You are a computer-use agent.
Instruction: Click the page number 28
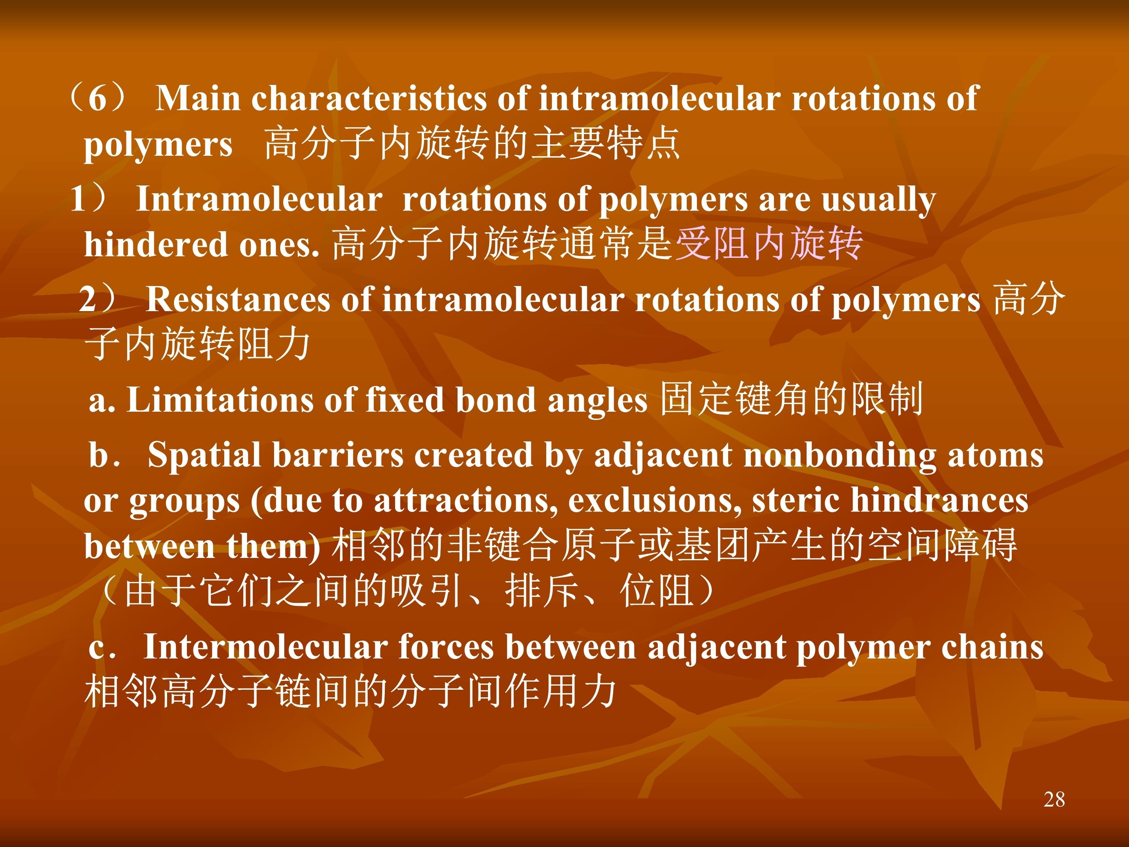point(1054,799)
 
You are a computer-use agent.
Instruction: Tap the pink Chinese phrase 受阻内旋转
point(769,243)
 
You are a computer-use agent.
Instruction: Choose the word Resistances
point(238,299)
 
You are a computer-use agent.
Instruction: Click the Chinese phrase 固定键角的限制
point(792,399)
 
